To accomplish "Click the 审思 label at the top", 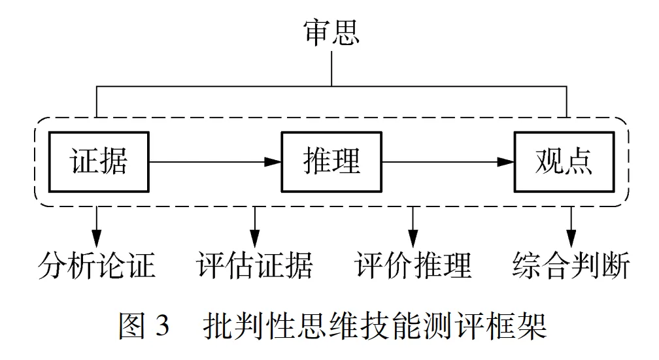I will [331, 31].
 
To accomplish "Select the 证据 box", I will [99, 161].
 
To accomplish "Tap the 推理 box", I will [331, 161].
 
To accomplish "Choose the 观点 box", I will [564, 161].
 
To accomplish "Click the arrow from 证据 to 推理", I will [215, 161].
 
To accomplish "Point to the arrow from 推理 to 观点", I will [447, 161].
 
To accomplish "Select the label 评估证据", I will [254, 267].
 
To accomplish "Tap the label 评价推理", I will [413, 267].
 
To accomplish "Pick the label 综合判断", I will [571, 267].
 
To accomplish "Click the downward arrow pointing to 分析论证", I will [97, 225].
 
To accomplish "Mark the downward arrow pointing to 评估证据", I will [255, 225].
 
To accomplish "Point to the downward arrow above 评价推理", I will [413, 225].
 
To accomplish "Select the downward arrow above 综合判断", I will [572, 225].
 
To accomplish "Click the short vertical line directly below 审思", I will [331, 69].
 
